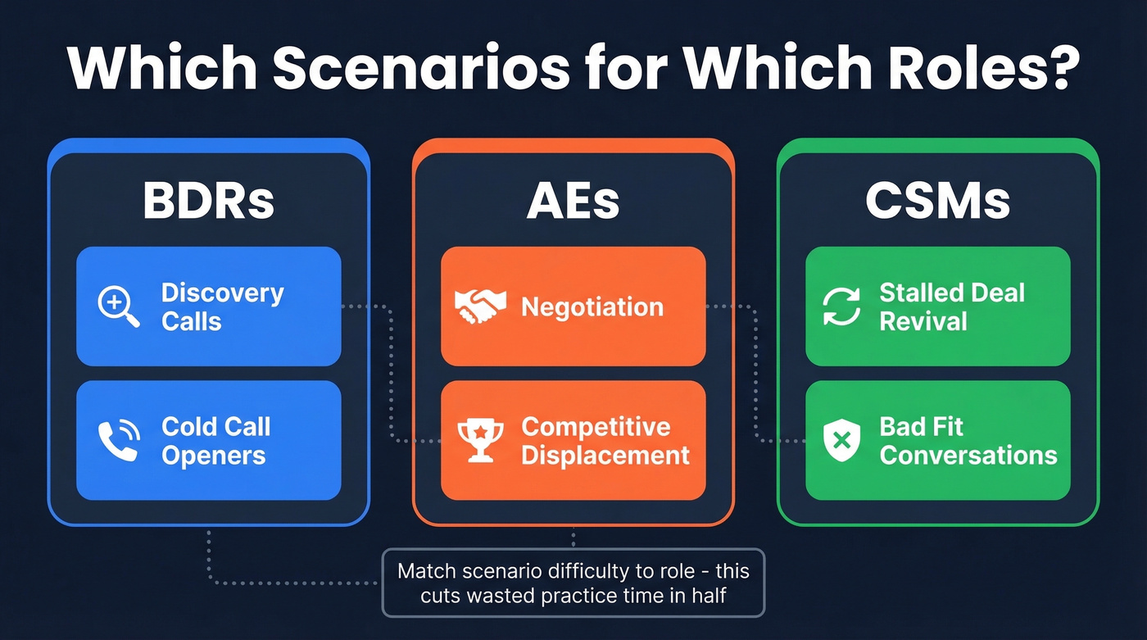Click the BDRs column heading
[x=208, y=201]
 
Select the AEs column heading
[x=573, y=201]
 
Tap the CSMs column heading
[x=937, y=201]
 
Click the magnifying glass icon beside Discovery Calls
[x=119, y=306]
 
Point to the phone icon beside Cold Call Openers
[x=119, y=440]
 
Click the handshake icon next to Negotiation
[x=480, y=306]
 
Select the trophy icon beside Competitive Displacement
[x=480, y=440]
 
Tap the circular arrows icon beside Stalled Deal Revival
[x=842, y=306]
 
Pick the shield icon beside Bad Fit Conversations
[x=842, y=440]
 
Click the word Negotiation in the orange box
[x=592, y=307]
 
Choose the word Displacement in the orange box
[x=605, y=456]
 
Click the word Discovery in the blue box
[x=222, y=293]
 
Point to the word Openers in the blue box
[x=213, y=456]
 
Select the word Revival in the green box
[x=923, y=321]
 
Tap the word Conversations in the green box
[x=968, y=456]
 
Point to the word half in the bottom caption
[x=708, y=596]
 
